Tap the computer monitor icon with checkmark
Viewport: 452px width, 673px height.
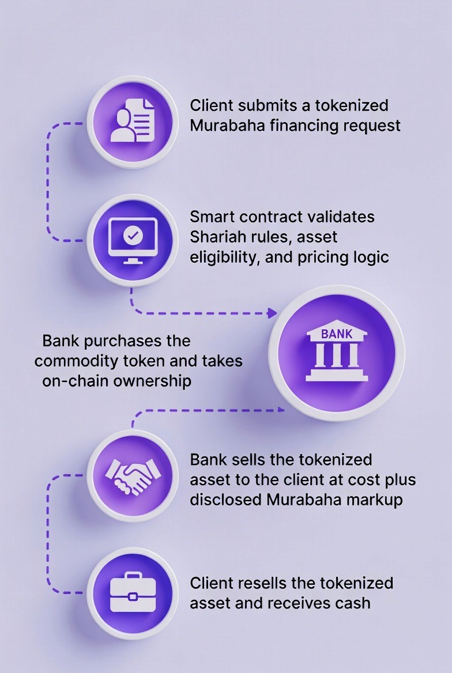coord(133,240)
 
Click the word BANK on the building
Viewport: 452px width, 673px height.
coord(337,334)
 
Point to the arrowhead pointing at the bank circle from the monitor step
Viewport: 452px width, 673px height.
coord(272,313)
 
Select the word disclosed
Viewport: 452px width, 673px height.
coord(226,499)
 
